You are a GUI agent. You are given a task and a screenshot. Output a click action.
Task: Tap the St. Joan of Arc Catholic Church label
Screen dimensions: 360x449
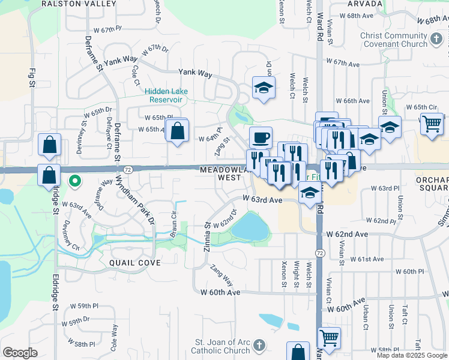tap(221, 347)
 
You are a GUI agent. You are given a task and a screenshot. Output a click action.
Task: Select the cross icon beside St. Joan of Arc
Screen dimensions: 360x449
tap(259, 346)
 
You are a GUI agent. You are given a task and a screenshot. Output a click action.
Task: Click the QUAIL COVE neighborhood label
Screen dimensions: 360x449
tap(135, 263)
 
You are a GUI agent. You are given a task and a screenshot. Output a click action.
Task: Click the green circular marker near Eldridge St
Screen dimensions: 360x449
tap(74, 179)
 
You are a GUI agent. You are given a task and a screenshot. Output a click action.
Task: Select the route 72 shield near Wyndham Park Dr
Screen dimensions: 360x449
tap(128, 170)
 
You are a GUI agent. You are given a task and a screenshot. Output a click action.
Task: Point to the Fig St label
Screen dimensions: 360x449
tap(32, 80)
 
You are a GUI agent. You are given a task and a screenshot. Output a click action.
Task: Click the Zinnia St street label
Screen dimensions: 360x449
tap(207, 237)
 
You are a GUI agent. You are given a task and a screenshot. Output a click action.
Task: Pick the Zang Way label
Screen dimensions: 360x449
tap(221, 274)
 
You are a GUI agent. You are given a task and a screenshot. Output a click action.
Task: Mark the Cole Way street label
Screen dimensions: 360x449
tap(113, 337)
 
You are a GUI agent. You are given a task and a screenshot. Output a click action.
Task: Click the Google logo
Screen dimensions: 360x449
tap(19, 353)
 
